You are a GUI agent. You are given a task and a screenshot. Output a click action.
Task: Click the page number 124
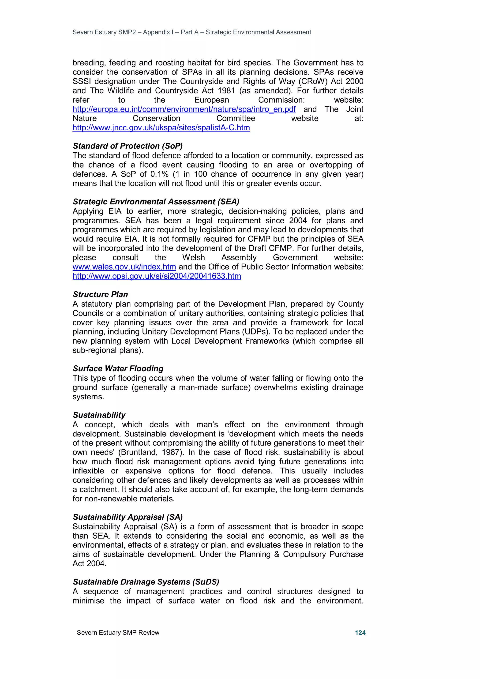[x=360, y=633]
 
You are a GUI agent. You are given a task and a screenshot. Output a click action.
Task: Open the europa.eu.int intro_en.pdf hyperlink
[x=184, y=109]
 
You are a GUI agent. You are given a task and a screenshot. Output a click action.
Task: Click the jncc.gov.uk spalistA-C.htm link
[x=161, y=128]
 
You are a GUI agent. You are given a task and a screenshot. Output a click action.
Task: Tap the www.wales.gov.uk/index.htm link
[x=124, y=267]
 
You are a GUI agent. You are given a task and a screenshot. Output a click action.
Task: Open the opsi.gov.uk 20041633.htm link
[x=157, y=276]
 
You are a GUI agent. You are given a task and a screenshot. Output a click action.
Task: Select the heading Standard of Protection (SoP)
[x=128, y=146]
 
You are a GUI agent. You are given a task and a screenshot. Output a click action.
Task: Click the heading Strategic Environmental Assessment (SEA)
[x=156, y=202]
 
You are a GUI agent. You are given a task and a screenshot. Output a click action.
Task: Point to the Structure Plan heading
[x=100, y=295]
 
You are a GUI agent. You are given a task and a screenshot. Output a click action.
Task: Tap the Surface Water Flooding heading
[x=118, y=368]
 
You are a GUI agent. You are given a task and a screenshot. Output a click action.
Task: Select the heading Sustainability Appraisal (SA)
[x=128, y=517]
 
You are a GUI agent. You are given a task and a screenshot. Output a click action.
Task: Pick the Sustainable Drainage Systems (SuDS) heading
[x=146, y=582]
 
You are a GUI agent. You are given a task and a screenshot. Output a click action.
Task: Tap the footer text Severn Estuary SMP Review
[x=118, y=633]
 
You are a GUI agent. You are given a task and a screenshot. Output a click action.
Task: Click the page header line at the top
[x=192, y=32]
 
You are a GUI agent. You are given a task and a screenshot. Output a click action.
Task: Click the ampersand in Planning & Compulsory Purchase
[x=277, y=554]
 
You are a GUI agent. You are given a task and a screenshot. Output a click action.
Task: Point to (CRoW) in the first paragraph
[x=313, y=81]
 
